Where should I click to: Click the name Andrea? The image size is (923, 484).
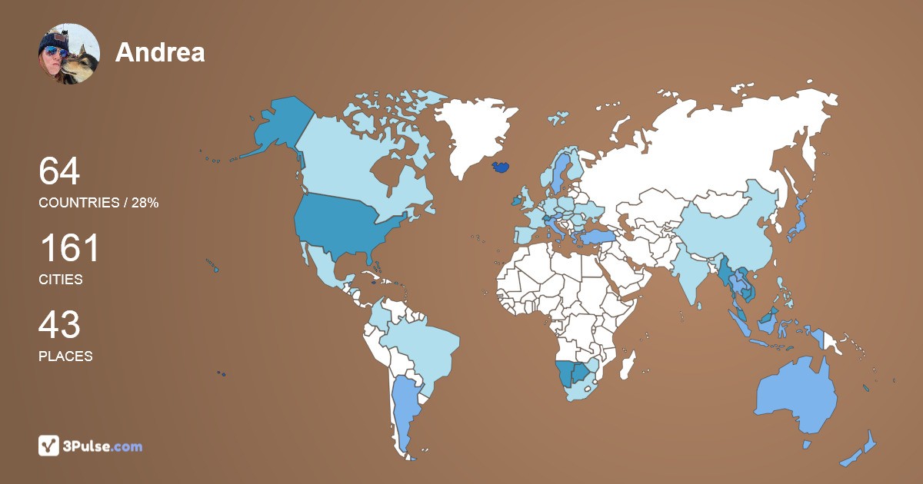(x=160, y=52)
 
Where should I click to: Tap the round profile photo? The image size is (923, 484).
(x=69, y=54)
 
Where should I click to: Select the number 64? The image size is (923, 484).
(x=59, y=171)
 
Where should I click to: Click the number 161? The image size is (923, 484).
(x=69, y=249)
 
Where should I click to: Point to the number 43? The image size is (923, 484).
(x=59, y=326)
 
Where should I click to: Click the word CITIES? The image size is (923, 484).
(x=61, y=280)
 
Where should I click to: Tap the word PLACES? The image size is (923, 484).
(x=65, y=356)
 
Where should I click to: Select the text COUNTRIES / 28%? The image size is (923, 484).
(x=98, y=203)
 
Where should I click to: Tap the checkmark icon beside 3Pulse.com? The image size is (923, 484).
(x=49, y=446)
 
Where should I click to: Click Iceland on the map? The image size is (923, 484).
(x=500, y=166)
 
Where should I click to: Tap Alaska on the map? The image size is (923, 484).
(x=273, y=127)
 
